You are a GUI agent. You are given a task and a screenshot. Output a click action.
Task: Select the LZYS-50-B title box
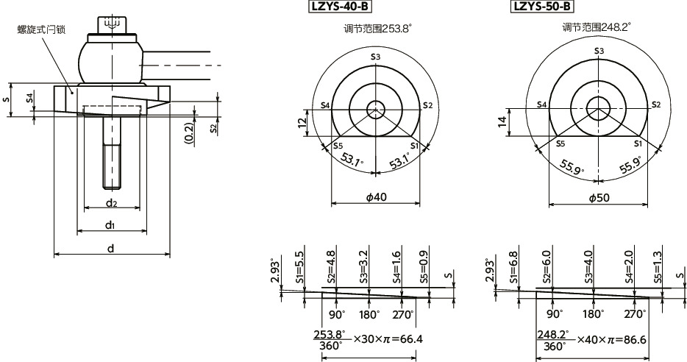point(541,7)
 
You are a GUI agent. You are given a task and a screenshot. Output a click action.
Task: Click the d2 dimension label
point(111,202)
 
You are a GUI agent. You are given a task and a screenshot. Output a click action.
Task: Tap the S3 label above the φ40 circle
point(375,57)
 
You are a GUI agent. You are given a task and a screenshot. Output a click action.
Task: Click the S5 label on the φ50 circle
point(560,144)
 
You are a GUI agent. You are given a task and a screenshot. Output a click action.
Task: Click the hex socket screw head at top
point(112,24)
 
